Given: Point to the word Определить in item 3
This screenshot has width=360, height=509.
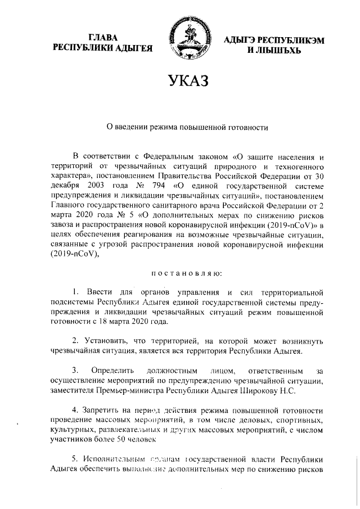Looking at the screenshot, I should click(111, 371).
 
